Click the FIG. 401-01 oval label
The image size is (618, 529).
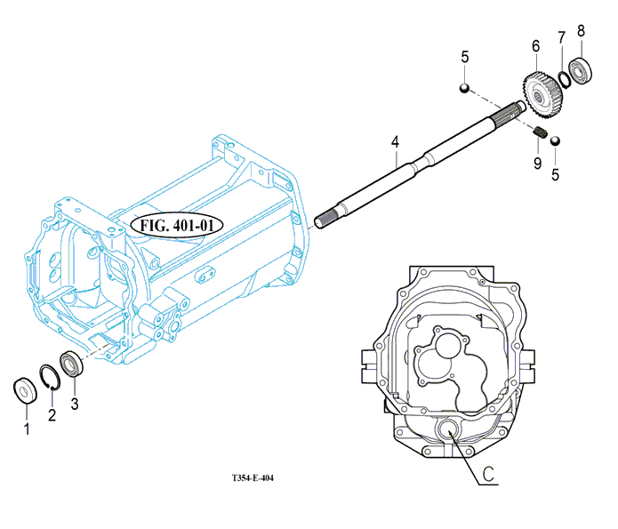tap(177, 226)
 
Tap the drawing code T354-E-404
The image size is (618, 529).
tap(253, 478)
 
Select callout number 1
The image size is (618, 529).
tap(27, 429)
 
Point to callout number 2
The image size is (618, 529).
tap(52, 414)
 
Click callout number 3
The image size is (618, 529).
tap(75, 404)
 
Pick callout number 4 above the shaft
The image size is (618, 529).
tap(396, 142)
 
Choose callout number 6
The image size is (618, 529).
tap(535, 46)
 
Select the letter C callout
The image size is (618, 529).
tap(488, 474)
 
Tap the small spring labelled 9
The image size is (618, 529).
tap(540, 132)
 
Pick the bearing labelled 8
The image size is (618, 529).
tap(581, 70)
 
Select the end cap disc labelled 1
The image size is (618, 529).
tap(25, 390)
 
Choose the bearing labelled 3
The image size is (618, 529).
tap(71, 364)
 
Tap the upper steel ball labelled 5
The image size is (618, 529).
tap(465, 88)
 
